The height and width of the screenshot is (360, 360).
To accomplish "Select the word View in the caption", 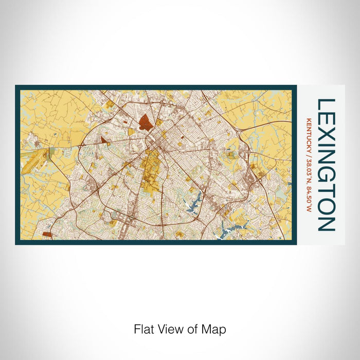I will (x=168, y=329).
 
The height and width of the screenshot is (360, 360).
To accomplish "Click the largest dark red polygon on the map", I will (x=146, y=122).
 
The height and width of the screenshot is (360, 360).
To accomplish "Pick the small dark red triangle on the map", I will (x=103, y=139).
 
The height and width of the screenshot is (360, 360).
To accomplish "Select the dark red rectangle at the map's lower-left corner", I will (x=47, y=234).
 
